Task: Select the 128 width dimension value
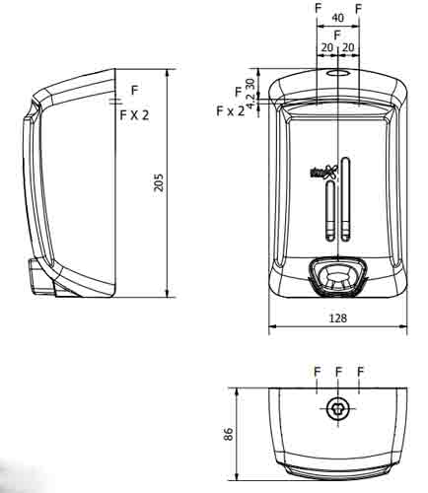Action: (x=337, y=319)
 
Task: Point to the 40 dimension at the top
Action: (x=338, y=18)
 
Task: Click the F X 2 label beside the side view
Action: (x=134, y=115)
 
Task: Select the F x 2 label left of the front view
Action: (x=230, y=111)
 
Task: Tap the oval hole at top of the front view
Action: (x=338, y=73)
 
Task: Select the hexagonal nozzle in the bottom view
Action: (x=338, y=410)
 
